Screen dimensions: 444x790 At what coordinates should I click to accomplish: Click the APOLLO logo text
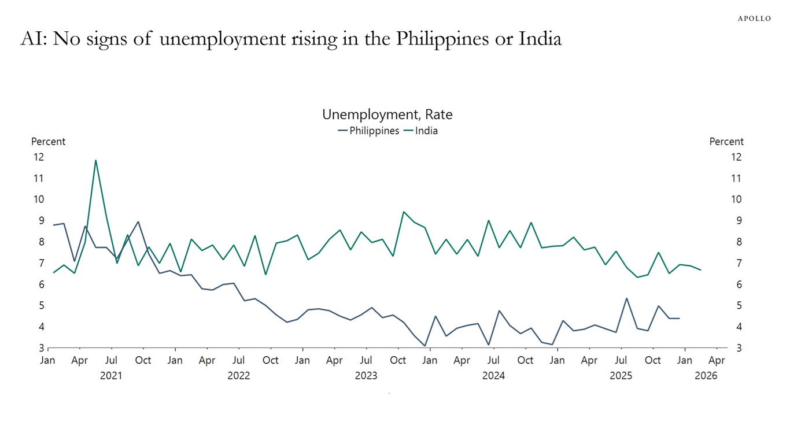click(754, 18)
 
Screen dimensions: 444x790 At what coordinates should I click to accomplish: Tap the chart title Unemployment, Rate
click(387, 114)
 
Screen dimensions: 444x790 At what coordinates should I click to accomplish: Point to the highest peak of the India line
click(95, 160)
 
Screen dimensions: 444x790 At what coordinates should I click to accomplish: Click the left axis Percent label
click(48, 142)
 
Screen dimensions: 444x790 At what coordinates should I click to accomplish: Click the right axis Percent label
click(726, 142)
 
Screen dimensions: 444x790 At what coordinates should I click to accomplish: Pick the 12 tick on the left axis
click(39, 157)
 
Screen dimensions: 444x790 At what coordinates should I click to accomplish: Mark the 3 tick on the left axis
click(41, 348)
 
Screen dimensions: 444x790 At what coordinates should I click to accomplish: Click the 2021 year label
click(111, 376)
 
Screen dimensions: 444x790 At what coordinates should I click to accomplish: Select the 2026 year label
click(706, 376)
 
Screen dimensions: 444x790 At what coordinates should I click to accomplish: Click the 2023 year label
click(366, 376)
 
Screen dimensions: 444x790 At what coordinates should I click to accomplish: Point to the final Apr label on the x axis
click(717, 360)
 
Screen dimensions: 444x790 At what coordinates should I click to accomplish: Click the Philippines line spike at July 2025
click(626, 298)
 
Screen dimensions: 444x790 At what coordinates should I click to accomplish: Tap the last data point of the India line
click(700, 270)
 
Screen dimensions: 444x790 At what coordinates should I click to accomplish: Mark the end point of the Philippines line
click(679, 319)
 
